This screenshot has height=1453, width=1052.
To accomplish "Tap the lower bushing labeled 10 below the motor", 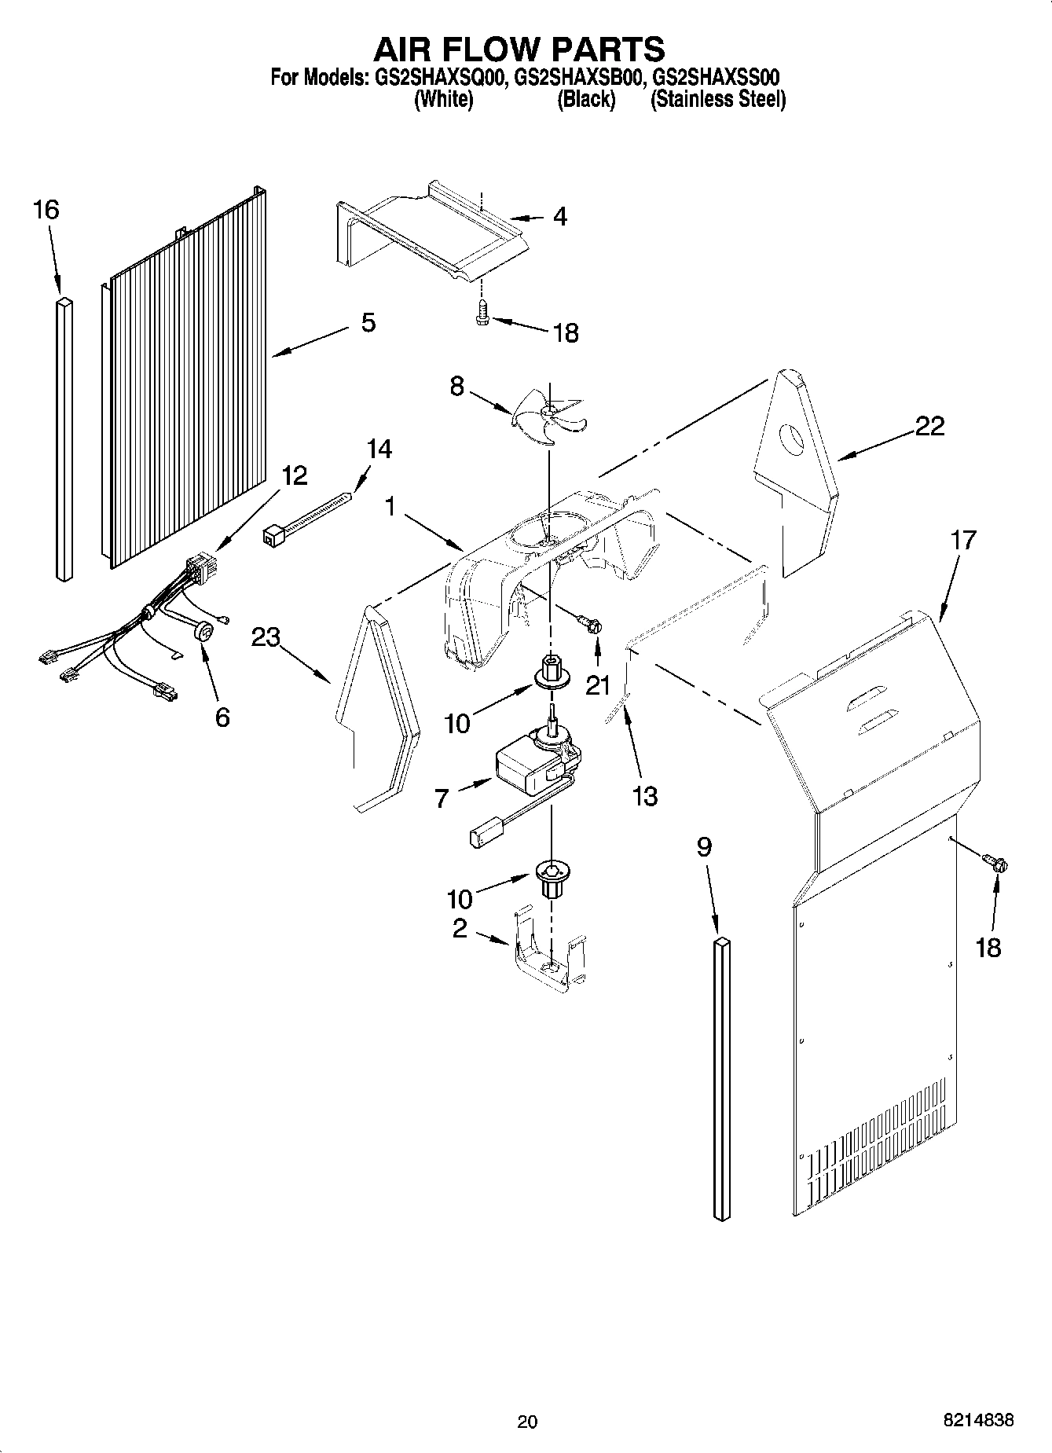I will click(x=552, y=876).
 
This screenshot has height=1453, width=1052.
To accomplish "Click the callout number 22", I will click(x=929, y=427).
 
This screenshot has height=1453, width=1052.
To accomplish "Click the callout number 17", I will click(x=963, y=540).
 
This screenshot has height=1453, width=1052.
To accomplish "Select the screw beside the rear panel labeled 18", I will click(x=997, y=865).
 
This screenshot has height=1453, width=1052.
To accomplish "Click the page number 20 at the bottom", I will click(x=527, y=1420).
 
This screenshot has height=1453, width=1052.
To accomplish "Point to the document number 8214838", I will click(x=978, y=1420).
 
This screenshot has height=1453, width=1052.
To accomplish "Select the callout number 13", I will click(x=644, y=796).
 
